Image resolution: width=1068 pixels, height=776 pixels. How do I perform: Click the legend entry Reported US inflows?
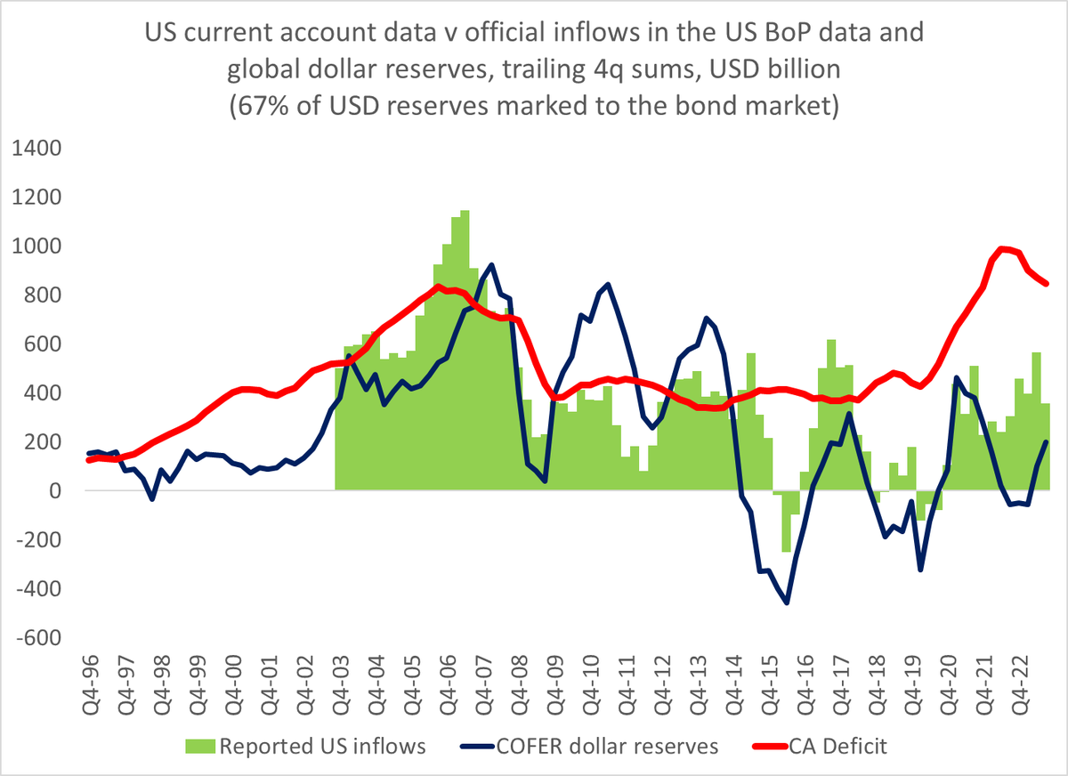pyautogui.click(x=322, y=747)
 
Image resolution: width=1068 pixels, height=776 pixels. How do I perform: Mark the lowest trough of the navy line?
pyautogui.click(x=787, y=602)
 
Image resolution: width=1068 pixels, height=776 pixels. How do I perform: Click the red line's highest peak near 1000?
pyautogui.click(x=1003, y=248)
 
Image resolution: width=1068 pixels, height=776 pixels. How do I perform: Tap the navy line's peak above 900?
pyautogui.click(x=492, y=264)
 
